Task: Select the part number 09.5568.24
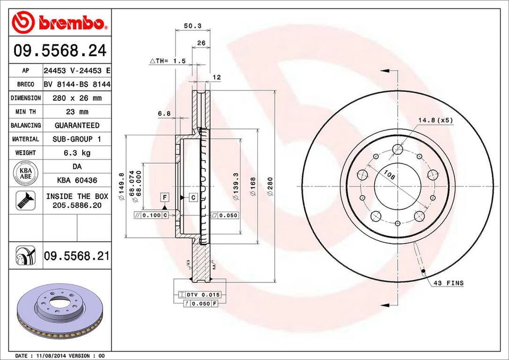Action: pyautogui.click(x=59, y=51)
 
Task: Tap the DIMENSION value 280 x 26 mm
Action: pyautogui.click(x=77, y=98)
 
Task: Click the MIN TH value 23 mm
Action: pyautogui.click(x=77, y=112)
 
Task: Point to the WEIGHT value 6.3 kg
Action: pyautogui.click(x=77, y=153)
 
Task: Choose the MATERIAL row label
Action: pyautogui.click(x=25, y=139)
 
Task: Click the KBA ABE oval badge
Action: pyautogui.click(x=25, y=173)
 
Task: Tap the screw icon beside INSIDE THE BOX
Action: pyautogui.click(x=25, y=200)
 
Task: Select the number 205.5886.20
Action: pyautogui.click(x=77, y=205)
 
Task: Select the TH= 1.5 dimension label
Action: pyautogui.click(x=168, y=61)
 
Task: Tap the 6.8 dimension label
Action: pyautogui.click(x=164, y=113)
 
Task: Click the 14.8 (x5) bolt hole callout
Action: pyautogui.click(x=435, y=120)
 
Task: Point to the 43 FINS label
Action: pyautogui.click(x=448, y=283)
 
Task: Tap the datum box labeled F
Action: pyautogui.click(x=165, y=197)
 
